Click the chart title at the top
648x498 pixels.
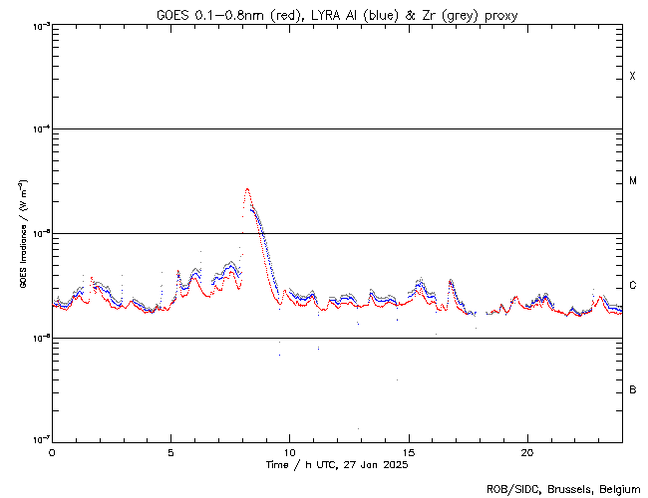coord(337,15)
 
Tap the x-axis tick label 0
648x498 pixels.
coord(52,451)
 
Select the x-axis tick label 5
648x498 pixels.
coord(170,451)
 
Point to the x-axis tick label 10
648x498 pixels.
coord(289,451)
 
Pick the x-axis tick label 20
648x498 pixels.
coord(526,451)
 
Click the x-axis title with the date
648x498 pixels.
coord(337,464)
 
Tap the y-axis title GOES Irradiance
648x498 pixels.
coord(22,235)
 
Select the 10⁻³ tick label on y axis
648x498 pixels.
coord(39,25)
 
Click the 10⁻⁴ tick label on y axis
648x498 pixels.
coord(39,128)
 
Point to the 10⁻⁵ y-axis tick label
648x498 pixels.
coord(39,233)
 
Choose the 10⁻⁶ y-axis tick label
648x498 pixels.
coord(39,338)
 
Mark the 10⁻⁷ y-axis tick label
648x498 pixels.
coord(39,440)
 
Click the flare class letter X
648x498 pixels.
coord(633,77)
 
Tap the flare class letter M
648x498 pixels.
coord(633,181)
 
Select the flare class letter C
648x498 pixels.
coord(633,286)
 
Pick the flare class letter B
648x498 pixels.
coord(633,389)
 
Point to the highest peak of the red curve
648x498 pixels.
coord(247,188)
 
